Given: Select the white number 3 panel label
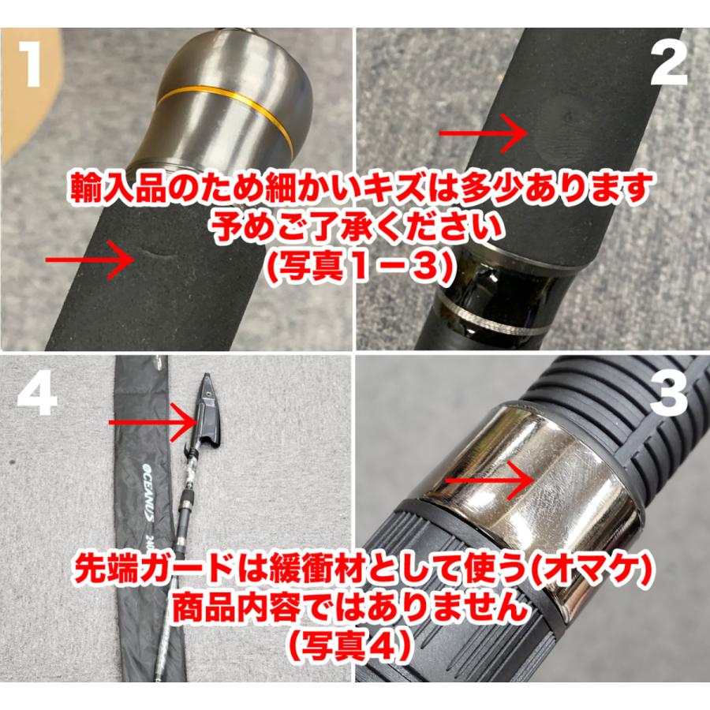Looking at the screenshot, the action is pyautogui.click(x=668, y=392).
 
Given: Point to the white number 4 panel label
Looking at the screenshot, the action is pyautogui.click(x=37, y=392).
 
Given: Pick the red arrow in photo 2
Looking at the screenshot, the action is pyautogui.click(x=483, y=133).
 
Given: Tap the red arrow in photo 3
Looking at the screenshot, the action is pyautogui.click(x=489, y=480).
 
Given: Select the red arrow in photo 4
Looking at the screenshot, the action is pyautogui.click(x=151, y=423).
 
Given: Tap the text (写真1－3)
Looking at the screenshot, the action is pyautogui.click(x=354, y=266).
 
